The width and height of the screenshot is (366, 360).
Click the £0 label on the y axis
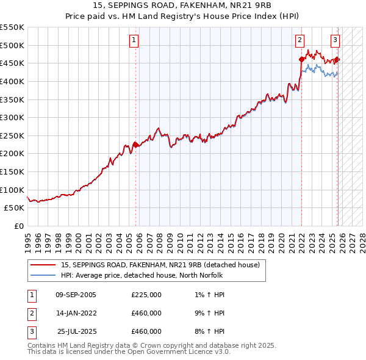18,226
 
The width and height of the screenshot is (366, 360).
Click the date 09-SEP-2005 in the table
76,295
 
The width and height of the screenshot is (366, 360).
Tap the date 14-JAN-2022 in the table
76,313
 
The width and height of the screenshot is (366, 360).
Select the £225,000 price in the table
146,295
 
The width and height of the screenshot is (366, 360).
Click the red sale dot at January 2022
301,59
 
